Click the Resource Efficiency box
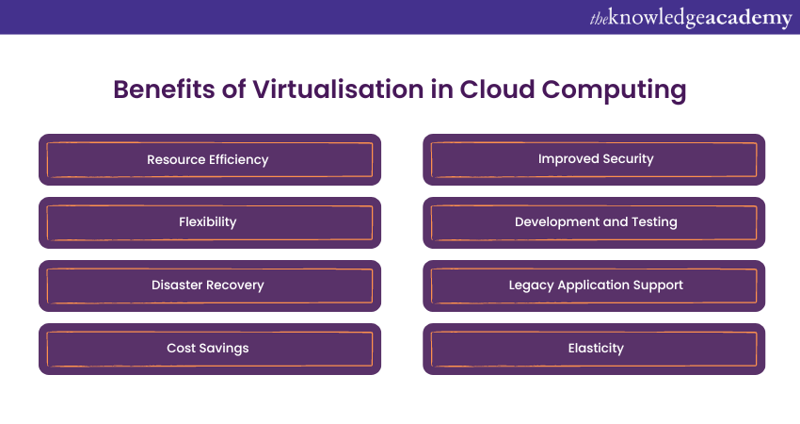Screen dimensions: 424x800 (209, 159)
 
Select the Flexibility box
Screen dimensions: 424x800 (209, 222)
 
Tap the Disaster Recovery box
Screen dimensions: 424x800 (209, 285)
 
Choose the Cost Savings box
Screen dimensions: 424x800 (209, 349)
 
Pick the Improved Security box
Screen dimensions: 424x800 (594, 159)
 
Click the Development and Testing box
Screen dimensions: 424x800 (594, 222)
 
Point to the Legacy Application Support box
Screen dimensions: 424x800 (594, 285)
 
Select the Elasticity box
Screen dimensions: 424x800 (594, 349)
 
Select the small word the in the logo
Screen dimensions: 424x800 (600, 17)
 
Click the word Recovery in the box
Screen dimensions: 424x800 (235, 285)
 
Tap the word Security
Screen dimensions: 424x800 (626, 160)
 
